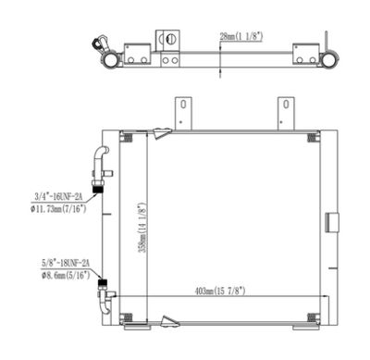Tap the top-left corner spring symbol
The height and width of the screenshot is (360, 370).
click(x=128, y=139)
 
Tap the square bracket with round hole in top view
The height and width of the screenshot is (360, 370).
click(x=169, y=41)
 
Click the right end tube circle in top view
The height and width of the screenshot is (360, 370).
click(x=327, y=60)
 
